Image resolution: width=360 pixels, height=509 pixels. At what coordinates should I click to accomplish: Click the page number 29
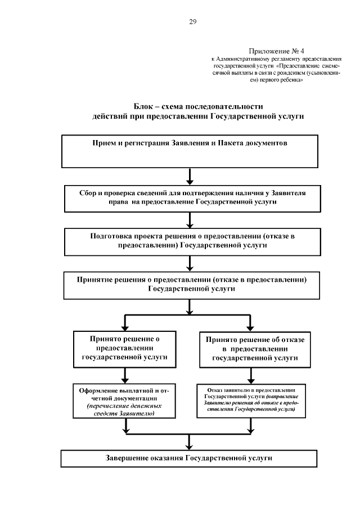point(192,22)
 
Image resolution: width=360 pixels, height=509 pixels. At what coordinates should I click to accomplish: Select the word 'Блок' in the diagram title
point(144,106)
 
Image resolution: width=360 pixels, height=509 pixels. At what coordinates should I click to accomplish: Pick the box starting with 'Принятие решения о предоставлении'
point(191,285)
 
